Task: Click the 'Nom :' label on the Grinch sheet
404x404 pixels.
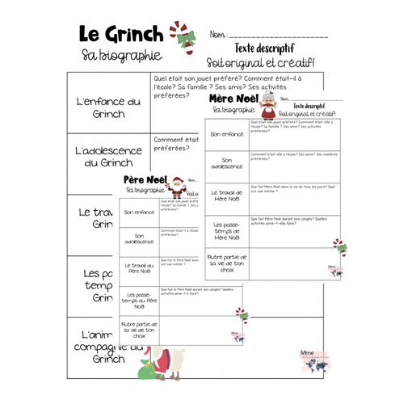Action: tap(218, 36)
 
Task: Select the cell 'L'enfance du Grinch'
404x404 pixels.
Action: tap(107, 107)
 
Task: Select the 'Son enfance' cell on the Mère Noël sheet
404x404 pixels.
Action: tap(226, 134)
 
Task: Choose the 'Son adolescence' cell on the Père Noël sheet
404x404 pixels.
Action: tap(138, 240)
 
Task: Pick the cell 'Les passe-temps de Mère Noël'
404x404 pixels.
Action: tap(226, 229)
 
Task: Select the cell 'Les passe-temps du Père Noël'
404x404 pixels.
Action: tap(138, 301)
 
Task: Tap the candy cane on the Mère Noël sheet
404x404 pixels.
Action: tap(339, 246)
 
